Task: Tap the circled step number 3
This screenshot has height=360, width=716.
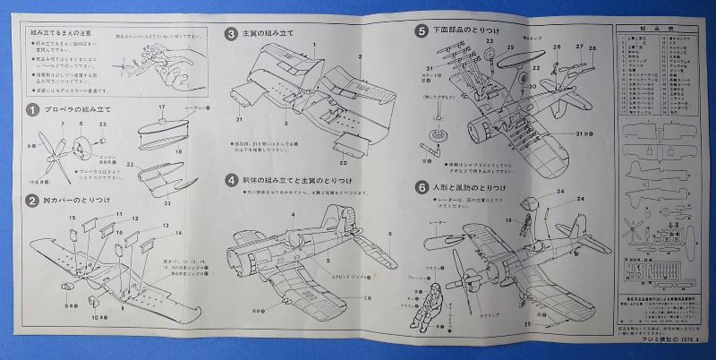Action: tap(230, 35)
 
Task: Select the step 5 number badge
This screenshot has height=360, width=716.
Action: tap(422, 30)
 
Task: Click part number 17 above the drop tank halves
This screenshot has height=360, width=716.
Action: tap(161, 107)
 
